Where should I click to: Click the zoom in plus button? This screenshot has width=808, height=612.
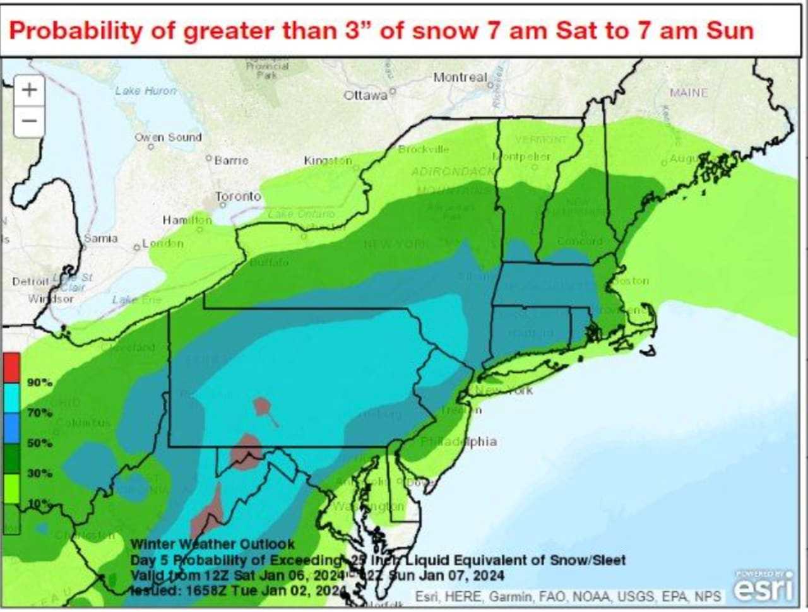pos(29,90)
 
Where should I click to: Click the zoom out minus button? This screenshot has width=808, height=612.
pos(29,121)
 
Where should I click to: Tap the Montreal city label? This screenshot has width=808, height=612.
pos(460,77)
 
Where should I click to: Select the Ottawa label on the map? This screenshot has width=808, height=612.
pos(365,95)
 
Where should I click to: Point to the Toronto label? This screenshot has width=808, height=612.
pos(238,196)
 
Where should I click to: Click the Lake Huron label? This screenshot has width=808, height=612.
pos(146,91)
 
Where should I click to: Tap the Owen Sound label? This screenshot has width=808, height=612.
pos(168,137)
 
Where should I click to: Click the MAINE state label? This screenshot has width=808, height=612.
pos(689,93)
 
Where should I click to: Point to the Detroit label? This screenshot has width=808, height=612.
pos(30,281)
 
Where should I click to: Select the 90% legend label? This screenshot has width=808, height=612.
pos(40,382)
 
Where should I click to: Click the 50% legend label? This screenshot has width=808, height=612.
pos(40,443)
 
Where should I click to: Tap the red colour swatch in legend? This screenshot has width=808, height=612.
pos(11,367)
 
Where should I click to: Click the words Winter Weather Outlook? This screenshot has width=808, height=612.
pos(213,544)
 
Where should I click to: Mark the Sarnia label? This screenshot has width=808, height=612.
pos(101,238)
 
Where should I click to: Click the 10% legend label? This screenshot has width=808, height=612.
pos(40,503)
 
